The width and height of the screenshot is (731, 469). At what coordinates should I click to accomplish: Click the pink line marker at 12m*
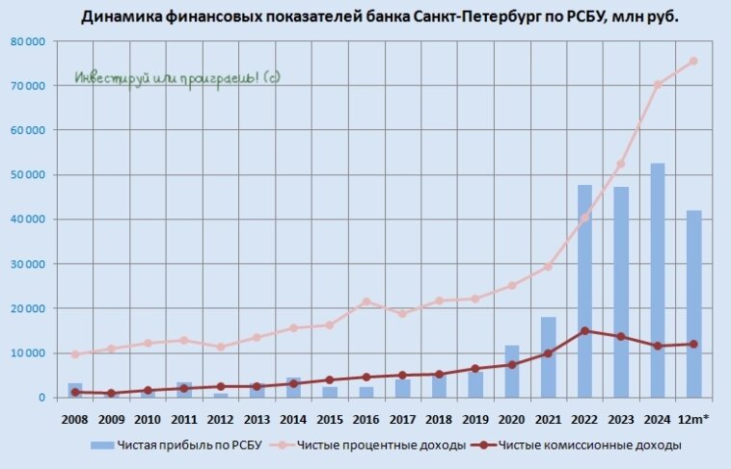coord(693,61)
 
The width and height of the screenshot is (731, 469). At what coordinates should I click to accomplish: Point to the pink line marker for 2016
coord(365,301)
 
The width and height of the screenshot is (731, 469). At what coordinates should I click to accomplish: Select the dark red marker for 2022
coord(584,330)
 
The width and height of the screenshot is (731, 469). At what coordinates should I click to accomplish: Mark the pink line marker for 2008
coord(75,354)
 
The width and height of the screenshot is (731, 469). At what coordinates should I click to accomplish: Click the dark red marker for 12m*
coord(693,344)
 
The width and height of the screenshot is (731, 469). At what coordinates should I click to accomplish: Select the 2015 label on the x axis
coord(329,419)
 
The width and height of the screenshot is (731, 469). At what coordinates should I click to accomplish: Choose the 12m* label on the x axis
coord(693,419)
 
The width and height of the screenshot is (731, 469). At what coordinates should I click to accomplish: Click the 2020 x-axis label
coord(511,419)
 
